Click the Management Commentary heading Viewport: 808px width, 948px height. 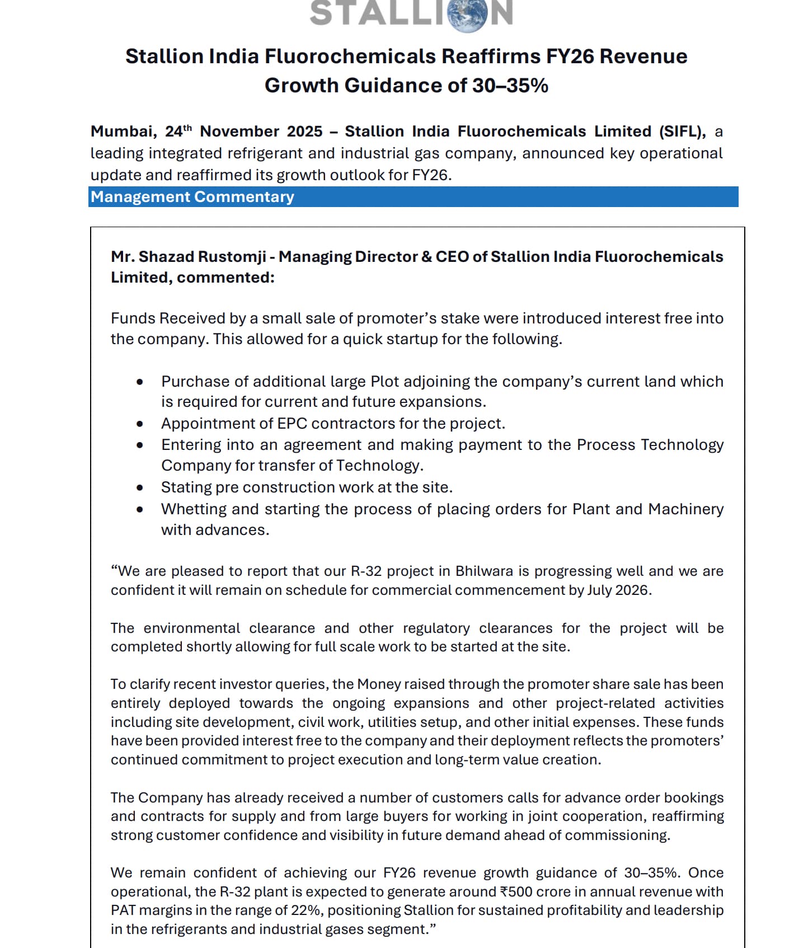[192, 197]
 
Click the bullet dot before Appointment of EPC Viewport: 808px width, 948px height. [140, 424]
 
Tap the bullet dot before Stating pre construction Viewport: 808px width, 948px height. [140, 488]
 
